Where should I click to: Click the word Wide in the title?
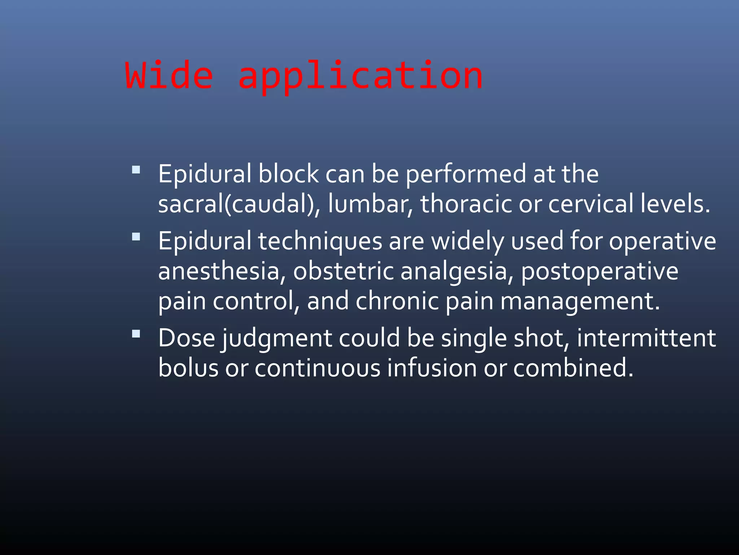coord(169,76)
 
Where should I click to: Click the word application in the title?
coord(360,77)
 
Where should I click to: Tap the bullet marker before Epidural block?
coord(136,170)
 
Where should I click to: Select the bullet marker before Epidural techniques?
coord(136,237)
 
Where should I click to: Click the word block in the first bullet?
coord(288,174)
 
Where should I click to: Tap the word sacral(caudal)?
coord(239,204)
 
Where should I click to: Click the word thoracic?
coord(466,204)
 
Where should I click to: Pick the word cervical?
coord(591,204)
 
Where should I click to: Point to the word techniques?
coord(320,241)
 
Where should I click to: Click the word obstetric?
coord(343,271)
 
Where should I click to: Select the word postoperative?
coord(599,271)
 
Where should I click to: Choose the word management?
coord(580,301)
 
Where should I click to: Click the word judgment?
coord(277,339)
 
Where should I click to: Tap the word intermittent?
coord(646,339)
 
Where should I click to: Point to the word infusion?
coord(432,368)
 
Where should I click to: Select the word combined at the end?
coord(573,368)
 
